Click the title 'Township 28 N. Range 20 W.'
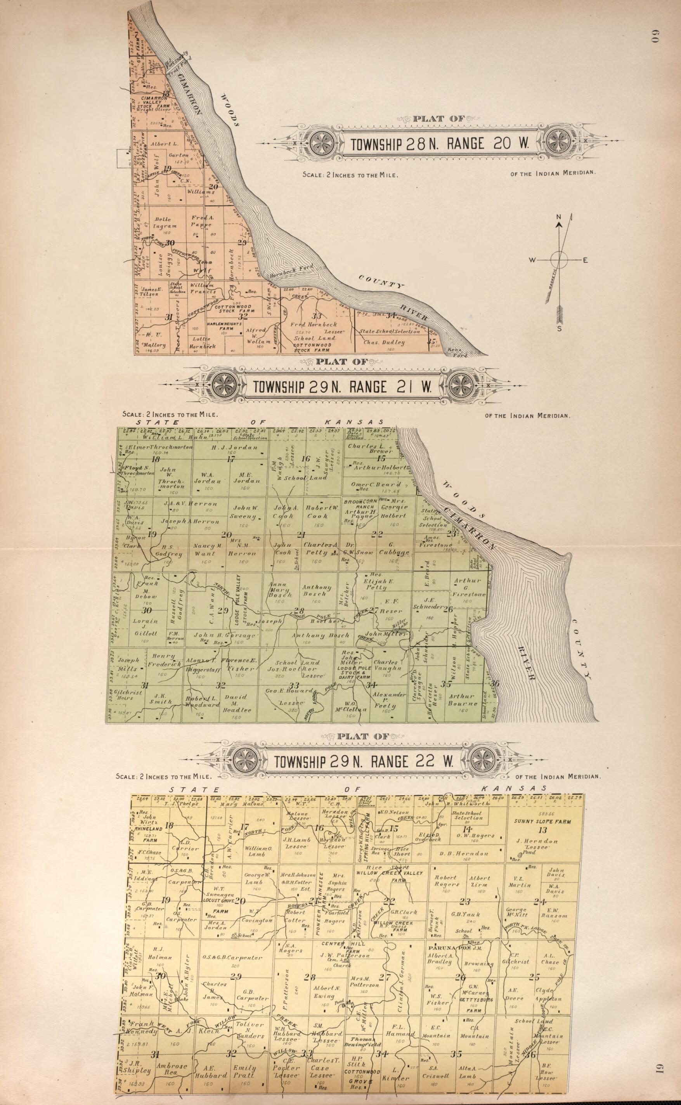tap(439, 144)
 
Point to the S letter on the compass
tap(559, 328)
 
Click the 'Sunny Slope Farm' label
tap(542, 821)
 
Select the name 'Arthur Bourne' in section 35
tap(462, 699)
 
